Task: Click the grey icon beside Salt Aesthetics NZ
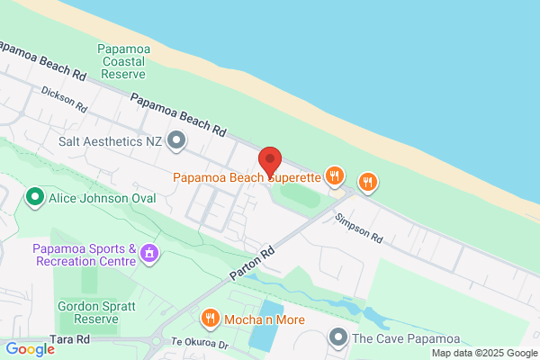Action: coord(176,140)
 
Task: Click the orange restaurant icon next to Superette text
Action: coord(335,175)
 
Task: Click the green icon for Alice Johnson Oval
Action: coord(35,196)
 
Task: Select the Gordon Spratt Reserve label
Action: coord(95,312)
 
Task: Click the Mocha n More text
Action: coord(265,319)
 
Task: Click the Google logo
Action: coord(30,349)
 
